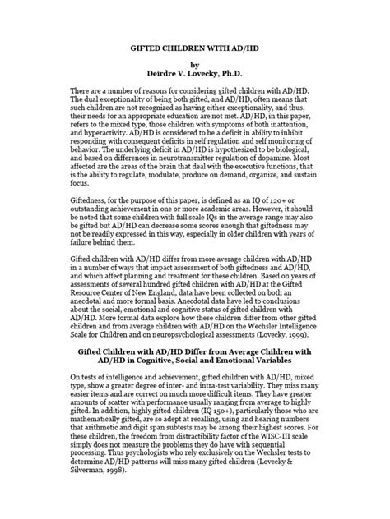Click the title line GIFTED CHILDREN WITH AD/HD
[x=194, y=50]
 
